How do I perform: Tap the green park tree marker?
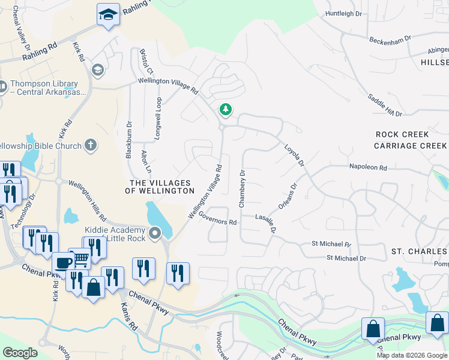[226, 110]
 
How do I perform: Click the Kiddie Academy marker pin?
[155, 232]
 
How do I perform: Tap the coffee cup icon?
[63, 262]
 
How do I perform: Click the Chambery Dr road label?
[242, 189]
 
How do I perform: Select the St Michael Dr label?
[346, 258]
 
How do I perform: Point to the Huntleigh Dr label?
[345, 13]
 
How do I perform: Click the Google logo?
[20, 353]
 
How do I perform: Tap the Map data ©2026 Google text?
[412, 355]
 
